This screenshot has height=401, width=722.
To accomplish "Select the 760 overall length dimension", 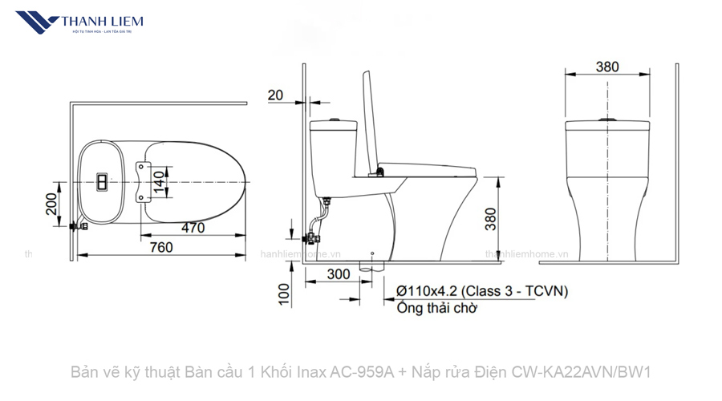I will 161,248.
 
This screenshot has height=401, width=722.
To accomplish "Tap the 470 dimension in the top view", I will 192,228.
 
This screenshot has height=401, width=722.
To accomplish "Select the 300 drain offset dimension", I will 339,273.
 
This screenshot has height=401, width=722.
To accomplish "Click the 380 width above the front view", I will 607,67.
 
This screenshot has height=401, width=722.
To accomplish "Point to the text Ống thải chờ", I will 436,308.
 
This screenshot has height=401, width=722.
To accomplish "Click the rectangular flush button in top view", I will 103,181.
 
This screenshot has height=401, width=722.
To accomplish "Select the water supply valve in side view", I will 313,238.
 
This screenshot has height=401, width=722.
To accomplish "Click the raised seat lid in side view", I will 371,120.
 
